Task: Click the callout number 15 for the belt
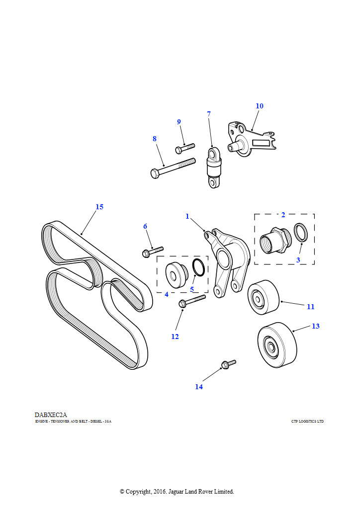coord(99,207)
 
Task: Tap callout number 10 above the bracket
coord(260,106)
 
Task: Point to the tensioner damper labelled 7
coord(214,168)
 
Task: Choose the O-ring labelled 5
coord(198,267)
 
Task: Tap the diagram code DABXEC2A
coord(51,415)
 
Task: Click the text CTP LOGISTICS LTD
coord(307,422)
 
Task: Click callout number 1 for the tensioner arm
coord(187,216)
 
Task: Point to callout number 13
coord(316,326)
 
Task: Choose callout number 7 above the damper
coord(209,114)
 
